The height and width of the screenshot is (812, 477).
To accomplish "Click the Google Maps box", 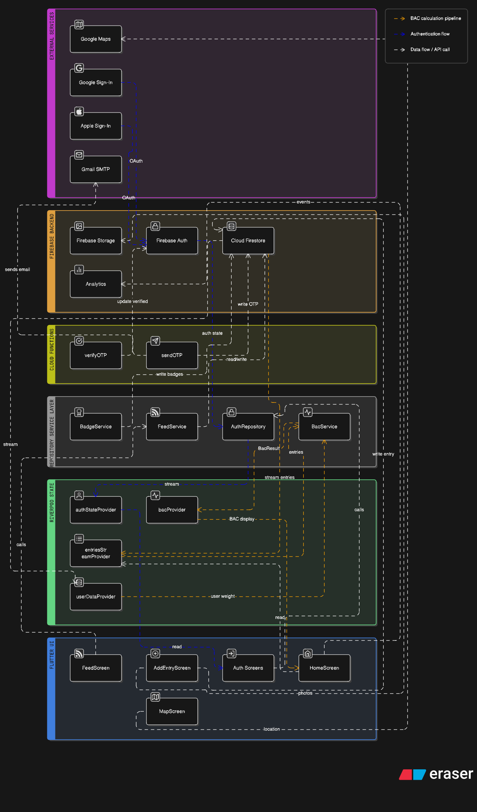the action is point(96,39).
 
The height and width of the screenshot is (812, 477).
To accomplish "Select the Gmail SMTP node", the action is point(96,169).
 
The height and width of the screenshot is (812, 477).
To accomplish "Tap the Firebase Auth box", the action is point(172,241).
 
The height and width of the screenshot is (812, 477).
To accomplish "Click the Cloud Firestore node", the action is point(248,241).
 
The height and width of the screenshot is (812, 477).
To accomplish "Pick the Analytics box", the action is point(96,284).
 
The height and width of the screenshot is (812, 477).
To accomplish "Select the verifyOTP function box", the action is point(96,355).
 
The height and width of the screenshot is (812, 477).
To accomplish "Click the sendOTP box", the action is point(172,355).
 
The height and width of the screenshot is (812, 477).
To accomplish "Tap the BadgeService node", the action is point(96,427).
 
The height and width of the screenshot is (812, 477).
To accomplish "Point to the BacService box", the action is point(324,427).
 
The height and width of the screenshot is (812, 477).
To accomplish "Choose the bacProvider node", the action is point(172,510).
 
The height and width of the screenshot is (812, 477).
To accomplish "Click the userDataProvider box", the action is point(96,597).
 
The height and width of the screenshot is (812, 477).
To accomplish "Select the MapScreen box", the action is point(172,711).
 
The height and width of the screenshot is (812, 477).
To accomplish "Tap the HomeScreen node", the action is point(324,668).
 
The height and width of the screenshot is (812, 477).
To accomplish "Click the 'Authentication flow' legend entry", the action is point(430,34).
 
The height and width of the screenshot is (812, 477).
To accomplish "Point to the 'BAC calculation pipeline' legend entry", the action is point(436,18).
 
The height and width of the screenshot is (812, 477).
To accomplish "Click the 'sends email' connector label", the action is point(17,270).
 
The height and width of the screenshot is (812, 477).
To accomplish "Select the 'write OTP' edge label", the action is point(248,304).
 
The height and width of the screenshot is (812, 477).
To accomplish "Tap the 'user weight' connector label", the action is point(223,596).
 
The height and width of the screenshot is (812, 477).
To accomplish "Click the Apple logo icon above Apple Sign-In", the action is point(79,111).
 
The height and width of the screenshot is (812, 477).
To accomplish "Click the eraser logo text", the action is point(451,774).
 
